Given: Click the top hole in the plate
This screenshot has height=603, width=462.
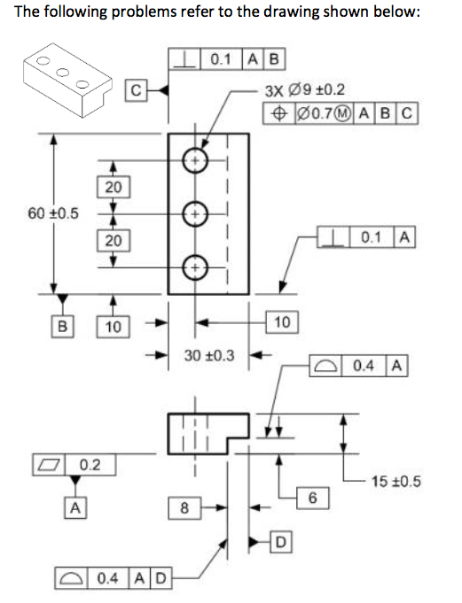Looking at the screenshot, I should (195, 160).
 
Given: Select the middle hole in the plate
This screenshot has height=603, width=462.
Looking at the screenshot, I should (195, 213).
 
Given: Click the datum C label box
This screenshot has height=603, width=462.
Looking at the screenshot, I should (135, 89).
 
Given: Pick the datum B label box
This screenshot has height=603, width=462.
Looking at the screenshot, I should (61, 325).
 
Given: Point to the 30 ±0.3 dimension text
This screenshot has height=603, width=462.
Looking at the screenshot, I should (209, 355).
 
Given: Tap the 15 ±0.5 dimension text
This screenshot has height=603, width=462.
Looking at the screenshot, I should (395, 482).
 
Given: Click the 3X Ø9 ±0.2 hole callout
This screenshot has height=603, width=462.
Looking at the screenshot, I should (305, 90).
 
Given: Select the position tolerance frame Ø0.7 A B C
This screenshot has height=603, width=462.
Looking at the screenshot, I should (341, 114).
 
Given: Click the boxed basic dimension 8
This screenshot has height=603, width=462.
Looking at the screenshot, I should (184, 508).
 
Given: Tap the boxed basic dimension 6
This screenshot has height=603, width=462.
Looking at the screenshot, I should (312, 498).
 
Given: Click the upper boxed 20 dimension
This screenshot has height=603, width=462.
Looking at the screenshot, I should (113, 187).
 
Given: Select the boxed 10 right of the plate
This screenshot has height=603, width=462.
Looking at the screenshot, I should (282, 322).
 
